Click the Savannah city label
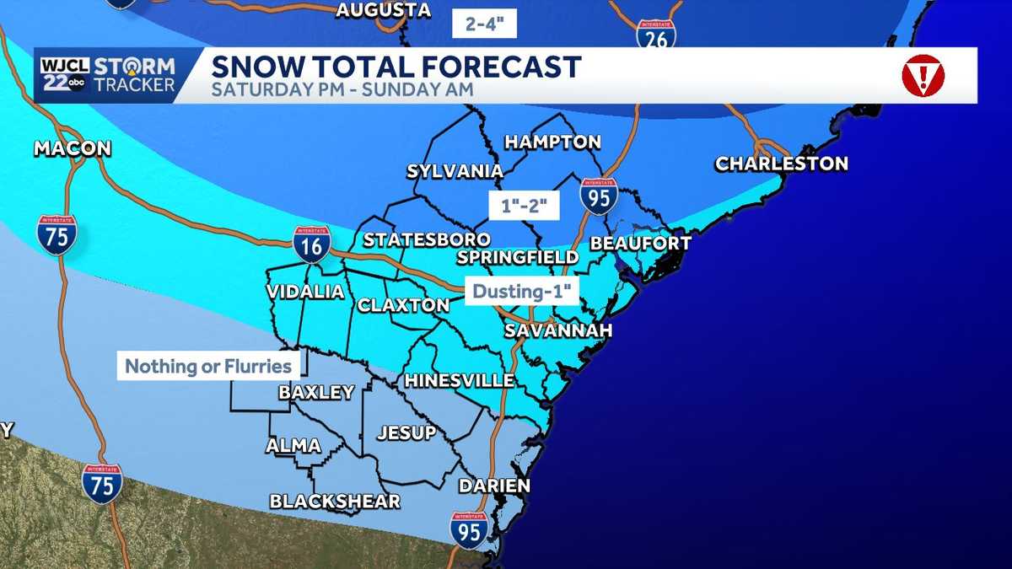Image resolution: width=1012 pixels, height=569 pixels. click(x=557, y=330)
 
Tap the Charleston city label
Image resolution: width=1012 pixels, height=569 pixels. click(x=781, y=164)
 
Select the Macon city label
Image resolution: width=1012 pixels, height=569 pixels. click(x=73, y=149)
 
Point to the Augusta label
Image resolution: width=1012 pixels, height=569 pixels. click(x=383, y=11)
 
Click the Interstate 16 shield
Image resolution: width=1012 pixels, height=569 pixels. click(x=311, y=244)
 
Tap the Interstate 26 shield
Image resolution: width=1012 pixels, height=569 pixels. click(x=656, y=35)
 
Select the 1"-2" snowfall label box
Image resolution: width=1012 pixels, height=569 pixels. click(x=525, y=205)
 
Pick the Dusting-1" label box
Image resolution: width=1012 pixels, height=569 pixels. click(x=523, y=292)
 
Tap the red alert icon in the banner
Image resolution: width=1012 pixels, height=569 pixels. click(x=922, y=77)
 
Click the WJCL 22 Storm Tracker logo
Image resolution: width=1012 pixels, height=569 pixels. click(x=106, y=76)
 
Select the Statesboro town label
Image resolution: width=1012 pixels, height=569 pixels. click(x=426, y=240)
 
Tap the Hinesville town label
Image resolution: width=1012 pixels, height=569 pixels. click(x=459, y=381)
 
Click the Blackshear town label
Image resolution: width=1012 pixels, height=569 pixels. click(x=334, y=502)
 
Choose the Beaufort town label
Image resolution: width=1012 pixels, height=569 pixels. click(x=640, y=244)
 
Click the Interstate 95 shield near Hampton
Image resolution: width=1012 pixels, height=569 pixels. click(x=598, y=196)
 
